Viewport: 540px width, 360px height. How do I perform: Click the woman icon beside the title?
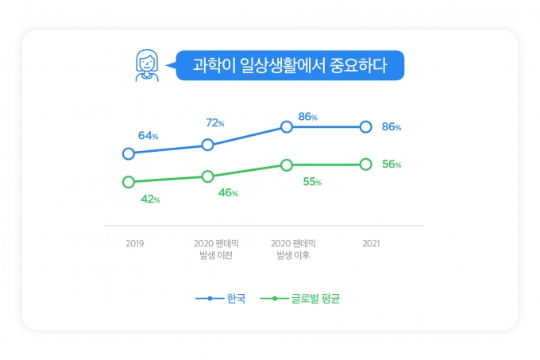coord(146,65)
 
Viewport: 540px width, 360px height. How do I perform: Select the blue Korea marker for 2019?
coord(128,153)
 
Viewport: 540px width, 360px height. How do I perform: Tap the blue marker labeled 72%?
coord(207,145)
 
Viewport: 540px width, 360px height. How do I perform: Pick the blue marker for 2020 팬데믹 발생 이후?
coord(287,126)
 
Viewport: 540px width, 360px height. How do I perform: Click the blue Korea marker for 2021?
coord(365,126)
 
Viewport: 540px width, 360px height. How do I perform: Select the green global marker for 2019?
coord(128,182)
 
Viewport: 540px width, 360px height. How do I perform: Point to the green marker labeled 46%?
coord(207,176)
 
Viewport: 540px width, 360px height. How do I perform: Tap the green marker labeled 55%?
coord(287,165)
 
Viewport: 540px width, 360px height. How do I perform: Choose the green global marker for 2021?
coord(365,165)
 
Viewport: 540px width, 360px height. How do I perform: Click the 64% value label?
coord(148,136)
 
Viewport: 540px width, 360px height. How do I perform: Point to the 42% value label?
coord(150,199)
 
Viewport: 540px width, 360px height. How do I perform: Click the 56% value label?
coord(391,165)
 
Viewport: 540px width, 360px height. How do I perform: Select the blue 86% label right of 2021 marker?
coord(391,126)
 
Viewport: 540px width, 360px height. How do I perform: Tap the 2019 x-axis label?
coord(135,243)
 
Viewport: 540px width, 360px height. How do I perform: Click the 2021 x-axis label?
coord(371,243)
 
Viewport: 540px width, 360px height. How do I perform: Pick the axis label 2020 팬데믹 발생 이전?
coord(216,249)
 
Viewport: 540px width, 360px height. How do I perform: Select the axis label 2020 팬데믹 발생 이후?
coord(294,249)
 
